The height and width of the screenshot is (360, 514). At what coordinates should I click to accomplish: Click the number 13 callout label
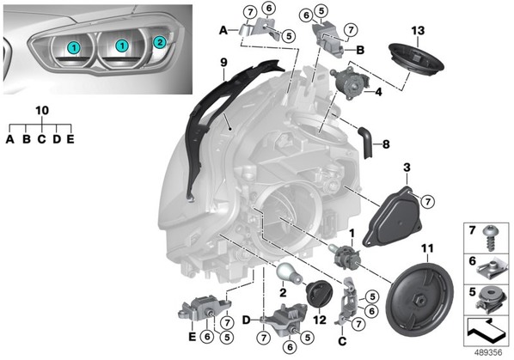418,30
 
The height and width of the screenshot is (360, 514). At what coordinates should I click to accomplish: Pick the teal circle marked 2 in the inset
160,42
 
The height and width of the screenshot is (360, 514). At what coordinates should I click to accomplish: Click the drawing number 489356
488,352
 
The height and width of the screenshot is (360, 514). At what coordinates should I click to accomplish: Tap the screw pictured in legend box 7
491,238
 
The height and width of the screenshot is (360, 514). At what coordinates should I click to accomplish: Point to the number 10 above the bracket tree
42,111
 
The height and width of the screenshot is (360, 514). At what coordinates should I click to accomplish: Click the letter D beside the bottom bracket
247,320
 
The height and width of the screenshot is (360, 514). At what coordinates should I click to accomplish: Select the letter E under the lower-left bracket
192,337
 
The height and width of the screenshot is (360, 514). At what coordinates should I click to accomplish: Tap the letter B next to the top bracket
360,50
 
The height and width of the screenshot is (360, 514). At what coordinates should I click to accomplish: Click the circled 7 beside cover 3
427,202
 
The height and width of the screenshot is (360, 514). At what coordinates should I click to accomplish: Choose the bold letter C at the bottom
342,341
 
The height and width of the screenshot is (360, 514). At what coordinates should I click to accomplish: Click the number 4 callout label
378,92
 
